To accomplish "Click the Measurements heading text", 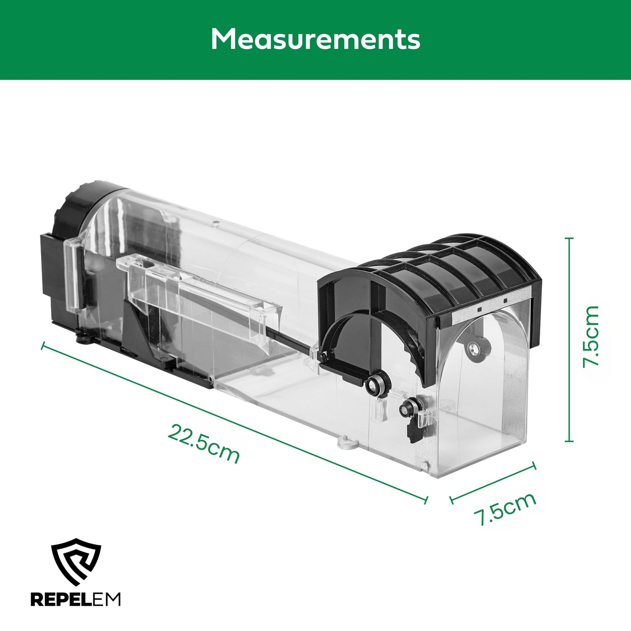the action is point(315,39).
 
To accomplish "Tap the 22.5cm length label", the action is point(203,443).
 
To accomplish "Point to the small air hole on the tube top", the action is point(215,224).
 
